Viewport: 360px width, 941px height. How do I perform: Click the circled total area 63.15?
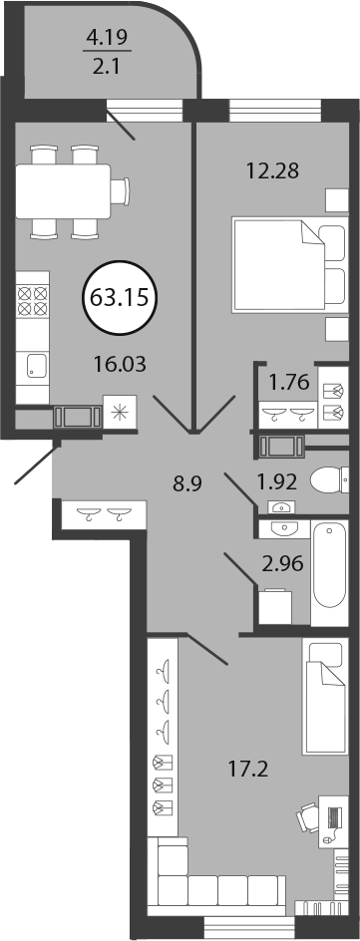tap(120, 296)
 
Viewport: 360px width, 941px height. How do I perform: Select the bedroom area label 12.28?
tap(273, 171)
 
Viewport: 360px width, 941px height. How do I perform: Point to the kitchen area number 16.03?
tap(121, 363)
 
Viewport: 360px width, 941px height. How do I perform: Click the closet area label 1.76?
tap(285, 383)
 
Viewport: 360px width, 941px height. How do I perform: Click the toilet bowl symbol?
tap(330, 479)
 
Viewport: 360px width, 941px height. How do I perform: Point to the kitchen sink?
tap(36, 366)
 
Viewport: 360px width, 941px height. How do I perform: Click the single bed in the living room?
tap(325, 696)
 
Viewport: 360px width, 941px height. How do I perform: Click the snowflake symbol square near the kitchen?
tap(121, 412)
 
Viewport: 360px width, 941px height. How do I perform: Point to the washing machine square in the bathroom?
tap(275, 607)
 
